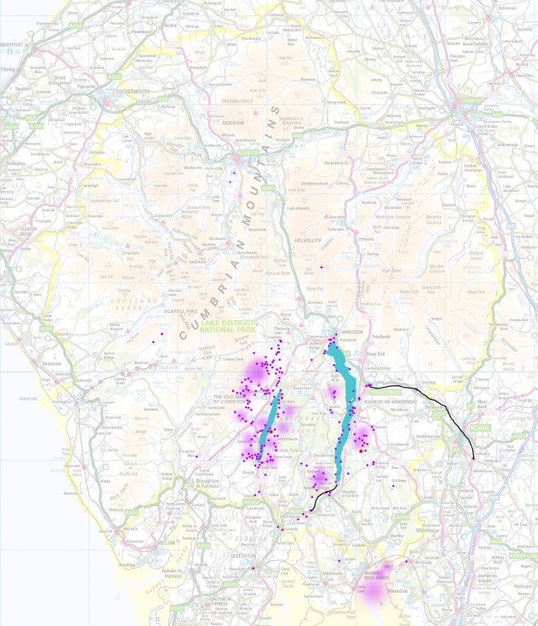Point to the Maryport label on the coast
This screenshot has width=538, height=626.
click(12, 43)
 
